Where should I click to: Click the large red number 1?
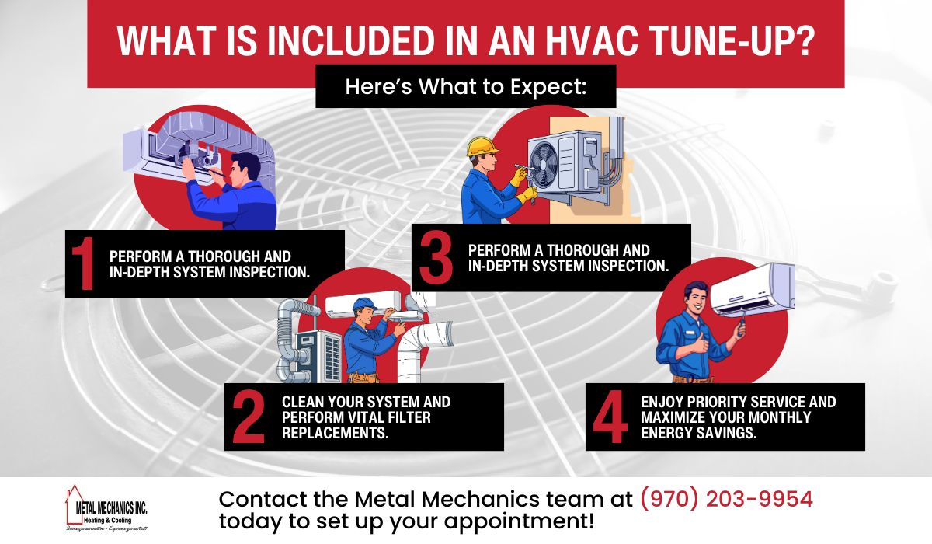click(83, 264)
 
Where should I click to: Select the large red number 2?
click(249, 417)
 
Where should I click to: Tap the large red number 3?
click(436, 257)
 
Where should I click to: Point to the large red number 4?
click(610, 417)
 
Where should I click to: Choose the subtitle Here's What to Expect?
click(465, 87)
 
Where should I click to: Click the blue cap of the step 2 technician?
click(363, 304)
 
